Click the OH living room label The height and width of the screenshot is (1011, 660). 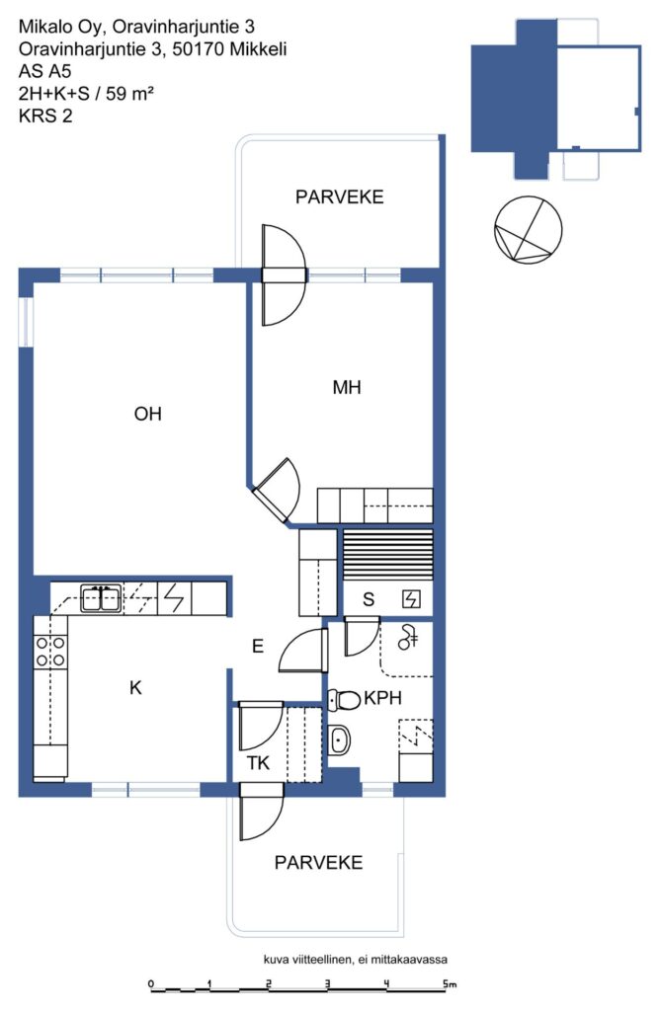click(148, 414)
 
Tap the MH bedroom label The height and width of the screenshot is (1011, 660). click(347, 387)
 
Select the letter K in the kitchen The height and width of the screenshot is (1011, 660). click(135, 688)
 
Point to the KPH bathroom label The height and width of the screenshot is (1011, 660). click(383, 698)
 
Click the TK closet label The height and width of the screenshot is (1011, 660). click(258, 763)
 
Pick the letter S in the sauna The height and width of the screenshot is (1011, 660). click(369, 599)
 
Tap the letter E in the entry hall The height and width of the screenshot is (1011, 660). click(258, 646)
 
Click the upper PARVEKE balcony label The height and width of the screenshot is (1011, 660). click(339, 196)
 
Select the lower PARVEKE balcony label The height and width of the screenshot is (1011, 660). click(319, 862)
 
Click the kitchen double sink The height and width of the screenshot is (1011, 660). click(101, 597)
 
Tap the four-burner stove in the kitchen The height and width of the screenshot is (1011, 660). click(50, 652)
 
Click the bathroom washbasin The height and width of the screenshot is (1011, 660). click(339, 739)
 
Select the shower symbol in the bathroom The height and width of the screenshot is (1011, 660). click(408, 638)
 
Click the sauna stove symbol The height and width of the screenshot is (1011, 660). click(411, 599)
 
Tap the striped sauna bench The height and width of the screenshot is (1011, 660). click(387, 555)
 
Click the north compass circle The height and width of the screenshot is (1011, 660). click(528, 229)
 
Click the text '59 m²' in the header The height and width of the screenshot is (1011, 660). click(129, 94)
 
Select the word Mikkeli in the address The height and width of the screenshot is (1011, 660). click(258, 49)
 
